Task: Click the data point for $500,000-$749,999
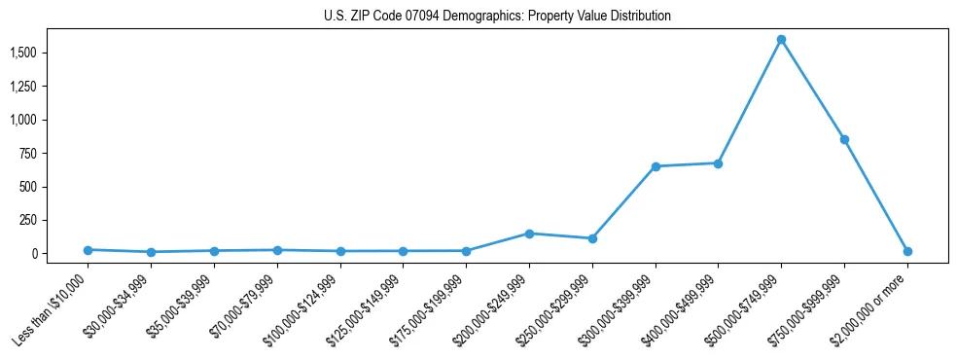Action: (781, 40)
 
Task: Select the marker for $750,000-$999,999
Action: (844, 139)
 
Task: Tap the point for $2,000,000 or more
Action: (907, 251)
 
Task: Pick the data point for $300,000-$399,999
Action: (656, 166)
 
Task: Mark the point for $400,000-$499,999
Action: (718, 163)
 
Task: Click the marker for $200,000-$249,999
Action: (529, 234)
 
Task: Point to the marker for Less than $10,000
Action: (88, 250)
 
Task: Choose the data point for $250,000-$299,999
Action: (592, 238)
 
